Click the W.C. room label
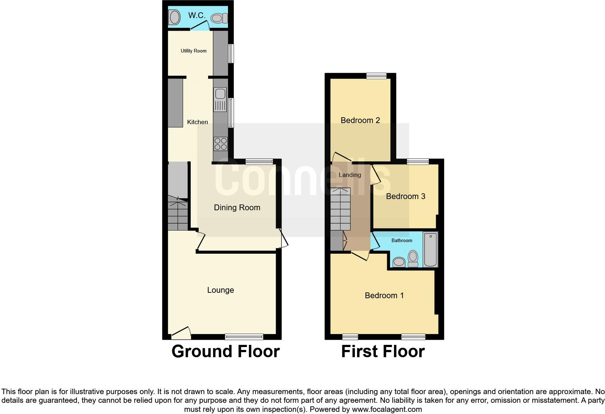(x=197, y=16)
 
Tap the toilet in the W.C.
(x=219, y=18)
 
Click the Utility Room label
(x=194, y=51)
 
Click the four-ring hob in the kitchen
(x=220, y=144)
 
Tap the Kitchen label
(x=197, y=122)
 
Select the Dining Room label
(x=237, y=208)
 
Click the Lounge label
(x=220, y=290)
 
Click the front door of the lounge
(x=181, y=332)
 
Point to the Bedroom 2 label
(x=360, y=121)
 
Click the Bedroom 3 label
(x=405, y=197)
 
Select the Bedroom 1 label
(x=384, y=296)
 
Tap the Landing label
(x=350, y=175)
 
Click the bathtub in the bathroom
(x=430, y=250)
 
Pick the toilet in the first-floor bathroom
(x=413, y=258)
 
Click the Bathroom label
(x=402, y=241)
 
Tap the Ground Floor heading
(x=225, y=351)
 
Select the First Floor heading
(x=383, y=351)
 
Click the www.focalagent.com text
(x=387, y=410)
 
